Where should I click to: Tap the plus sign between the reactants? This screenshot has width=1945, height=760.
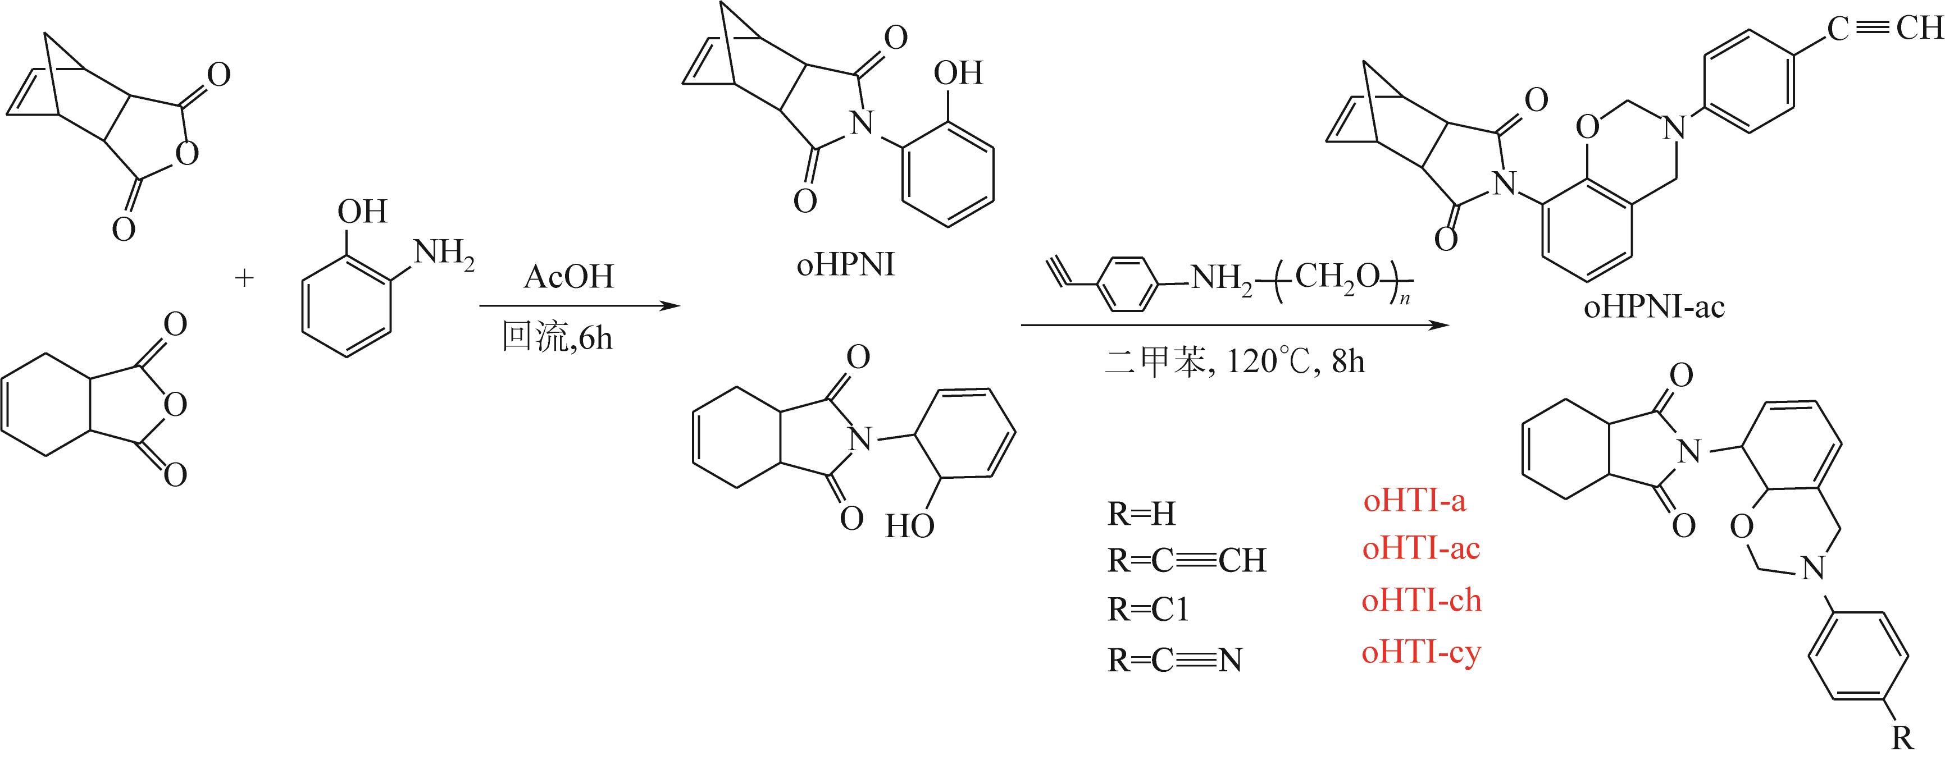pos(244,278)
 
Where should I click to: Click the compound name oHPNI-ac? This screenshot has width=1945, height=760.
pos(1654,307)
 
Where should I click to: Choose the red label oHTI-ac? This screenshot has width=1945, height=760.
pos(1420,549)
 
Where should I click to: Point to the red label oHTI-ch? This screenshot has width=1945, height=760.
pos(1421,601)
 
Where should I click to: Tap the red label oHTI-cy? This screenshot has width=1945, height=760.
pos(1421,652)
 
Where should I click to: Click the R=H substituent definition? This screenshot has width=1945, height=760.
pos(1142,515)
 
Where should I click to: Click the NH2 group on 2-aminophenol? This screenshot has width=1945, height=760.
pos(444,254)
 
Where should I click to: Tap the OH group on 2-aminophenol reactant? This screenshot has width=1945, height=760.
pos(362,212)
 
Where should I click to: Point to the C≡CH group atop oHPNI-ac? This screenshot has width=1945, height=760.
pos(1884,29)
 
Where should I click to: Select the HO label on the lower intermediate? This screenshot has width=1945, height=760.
pos(910,526)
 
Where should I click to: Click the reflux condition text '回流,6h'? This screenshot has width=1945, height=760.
pos(557,337)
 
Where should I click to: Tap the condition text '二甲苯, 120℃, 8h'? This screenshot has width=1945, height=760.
pos(1235,362)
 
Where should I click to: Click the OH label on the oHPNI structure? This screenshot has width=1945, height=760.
pos(958,73)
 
